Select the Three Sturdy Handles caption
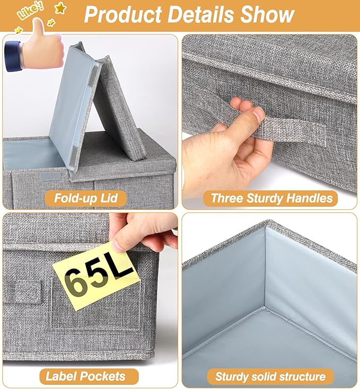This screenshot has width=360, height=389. pos(272,199)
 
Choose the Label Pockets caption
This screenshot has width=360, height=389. pos(85,377)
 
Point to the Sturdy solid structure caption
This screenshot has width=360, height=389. pos(270,377)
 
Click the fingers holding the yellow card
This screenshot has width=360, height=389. pos(143,233)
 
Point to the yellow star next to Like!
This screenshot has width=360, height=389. pos(59,8)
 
